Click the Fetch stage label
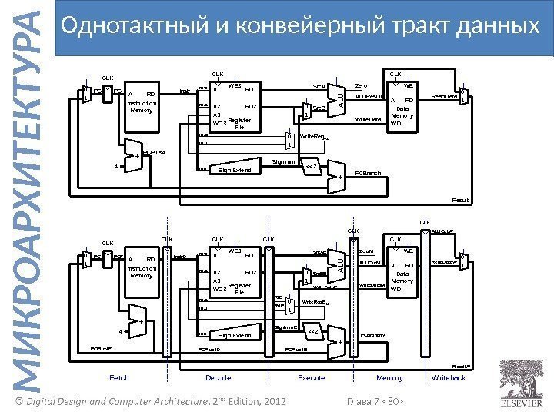coord(119,378)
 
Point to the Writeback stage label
coord(449,378)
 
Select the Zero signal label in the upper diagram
coord(361,86)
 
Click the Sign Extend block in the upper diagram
coord(235,170)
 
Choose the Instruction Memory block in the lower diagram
coord(142,267)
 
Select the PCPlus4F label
coord(102,348)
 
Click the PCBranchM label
coord(375,335)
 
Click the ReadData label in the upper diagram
coord(442,98)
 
